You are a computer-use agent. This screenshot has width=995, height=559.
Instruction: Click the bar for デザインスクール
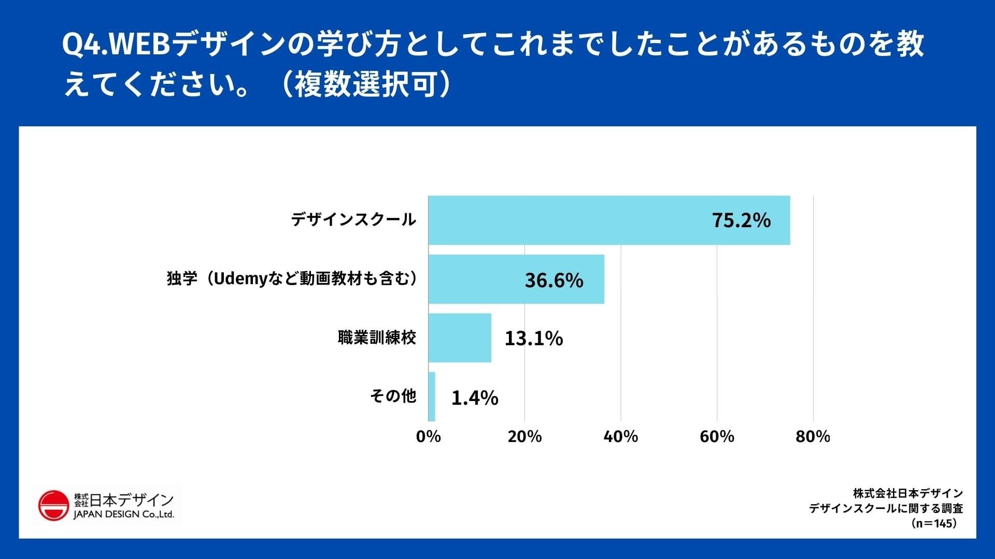coord(609,220)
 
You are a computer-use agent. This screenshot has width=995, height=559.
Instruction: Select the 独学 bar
coord(516,279)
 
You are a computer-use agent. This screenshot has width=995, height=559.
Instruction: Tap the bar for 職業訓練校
coord(460,337)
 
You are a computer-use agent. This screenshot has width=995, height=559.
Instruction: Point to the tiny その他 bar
coord(432,396)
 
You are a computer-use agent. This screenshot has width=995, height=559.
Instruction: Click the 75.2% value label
coord(741,220)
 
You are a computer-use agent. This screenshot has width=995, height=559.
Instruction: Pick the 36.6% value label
coord(554,280)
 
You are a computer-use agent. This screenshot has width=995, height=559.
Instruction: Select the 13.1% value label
coord(534,339)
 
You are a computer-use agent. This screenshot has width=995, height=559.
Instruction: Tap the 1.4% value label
coord(475,398)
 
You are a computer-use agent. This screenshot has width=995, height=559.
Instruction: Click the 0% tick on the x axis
coord(429,436)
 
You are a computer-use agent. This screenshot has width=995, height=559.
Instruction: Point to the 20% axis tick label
coord(524,436)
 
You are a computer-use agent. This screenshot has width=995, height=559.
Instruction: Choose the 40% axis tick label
coord(621,436)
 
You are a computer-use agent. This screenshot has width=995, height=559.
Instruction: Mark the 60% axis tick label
coord(717,436)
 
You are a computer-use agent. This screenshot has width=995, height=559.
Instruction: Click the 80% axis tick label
coord(813,436)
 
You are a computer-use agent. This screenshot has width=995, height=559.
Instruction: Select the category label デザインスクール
coord(353,219)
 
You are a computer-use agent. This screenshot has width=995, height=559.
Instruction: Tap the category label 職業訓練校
coord(377,337)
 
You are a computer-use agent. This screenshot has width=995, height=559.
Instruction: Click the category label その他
coord(393,396)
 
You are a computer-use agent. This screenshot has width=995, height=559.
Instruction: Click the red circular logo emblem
coord(53,505)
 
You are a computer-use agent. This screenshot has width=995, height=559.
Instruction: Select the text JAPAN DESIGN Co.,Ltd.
coord(124,514)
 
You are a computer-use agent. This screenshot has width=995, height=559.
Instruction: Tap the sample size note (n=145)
coord(933,523)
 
